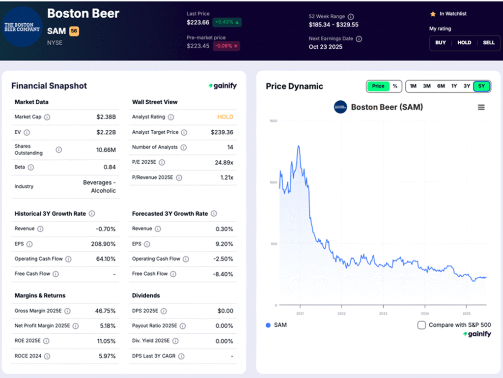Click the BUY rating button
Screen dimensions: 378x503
coord(441,43)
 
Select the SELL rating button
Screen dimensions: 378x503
coord(488,43)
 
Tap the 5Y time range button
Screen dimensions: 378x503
coord(481,86)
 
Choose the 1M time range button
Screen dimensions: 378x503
coord(413,86)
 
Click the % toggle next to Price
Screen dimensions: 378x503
coord(395,86)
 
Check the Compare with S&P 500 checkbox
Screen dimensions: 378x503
coord(421,325)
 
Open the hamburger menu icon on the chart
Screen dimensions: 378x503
coord(481,107)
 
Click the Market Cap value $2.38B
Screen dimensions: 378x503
coord(106,117)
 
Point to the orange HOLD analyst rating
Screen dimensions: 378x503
coord(225,117)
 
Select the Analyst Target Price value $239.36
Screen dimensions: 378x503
coord(222,132)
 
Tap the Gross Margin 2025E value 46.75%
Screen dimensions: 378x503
coord(105,311)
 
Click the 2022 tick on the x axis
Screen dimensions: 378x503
coord(342,313)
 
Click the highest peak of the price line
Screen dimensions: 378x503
coord(298,146)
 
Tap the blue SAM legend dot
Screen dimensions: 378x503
coord(268,325)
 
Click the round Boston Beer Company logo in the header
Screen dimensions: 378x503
coord(22,27)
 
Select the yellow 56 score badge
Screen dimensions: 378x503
coord(74,31)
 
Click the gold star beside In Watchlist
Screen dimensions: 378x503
coord(433,14)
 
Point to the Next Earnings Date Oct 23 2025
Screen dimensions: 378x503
coord(326,47)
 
